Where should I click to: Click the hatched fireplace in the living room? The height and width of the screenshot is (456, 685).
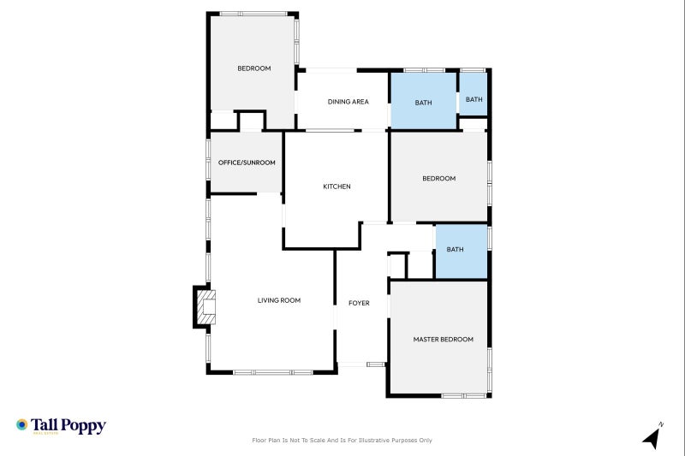(205, 307)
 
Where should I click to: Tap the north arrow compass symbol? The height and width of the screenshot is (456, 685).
(652, 436)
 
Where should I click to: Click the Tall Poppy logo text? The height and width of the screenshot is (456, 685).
(68, 425)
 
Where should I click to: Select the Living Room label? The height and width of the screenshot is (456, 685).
(279, 300)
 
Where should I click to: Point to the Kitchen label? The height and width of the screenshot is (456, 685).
(337, 187)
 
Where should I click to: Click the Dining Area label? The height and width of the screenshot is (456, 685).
(348, 102)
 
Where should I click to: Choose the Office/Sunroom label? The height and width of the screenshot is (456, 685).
(247, 163)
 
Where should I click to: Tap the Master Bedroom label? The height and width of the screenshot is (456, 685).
(443, 339)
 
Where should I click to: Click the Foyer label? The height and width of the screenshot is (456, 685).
(359, 303)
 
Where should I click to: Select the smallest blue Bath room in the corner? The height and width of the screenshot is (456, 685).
(474, 94)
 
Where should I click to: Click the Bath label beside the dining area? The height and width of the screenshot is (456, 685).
(423, 103)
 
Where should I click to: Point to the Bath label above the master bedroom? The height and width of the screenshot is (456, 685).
(455, 249)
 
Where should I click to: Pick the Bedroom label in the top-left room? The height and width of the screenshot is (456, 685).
(253, 68)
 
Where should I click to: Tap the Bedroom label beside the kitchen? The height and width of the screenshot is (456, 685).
(438, 178)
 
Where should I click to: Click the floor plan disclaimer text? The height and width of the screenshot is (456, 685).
(342, 441)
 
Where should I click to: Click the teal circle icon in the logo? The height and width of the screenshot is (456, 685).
(22, 424)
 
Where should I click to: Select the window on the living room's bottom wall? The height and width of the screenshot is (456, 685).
(273, 372)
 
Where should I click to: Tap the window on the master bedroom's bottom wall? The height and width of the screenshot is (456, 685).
(464, 396)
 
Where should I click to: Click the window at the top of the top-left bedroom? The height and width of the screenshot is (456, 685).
(253, 14)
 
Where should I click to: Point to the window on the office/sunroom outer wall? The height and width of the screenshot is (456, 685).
(208, 159)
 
